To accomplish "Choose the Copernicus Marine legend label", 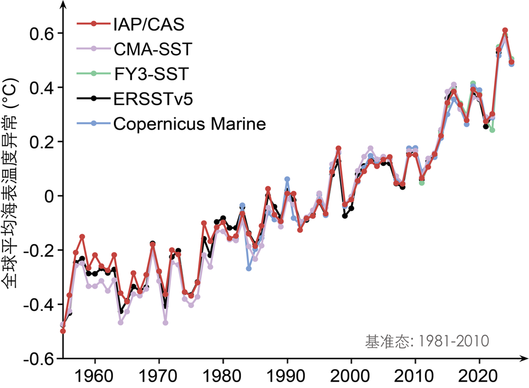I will pyautogui.click(x=190, y=124).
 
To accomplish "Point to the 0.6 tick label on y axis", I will pyautogui.click(x=40, y=33).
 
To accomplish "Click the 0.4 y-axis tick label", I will pyautogui.click(x=40, y=88).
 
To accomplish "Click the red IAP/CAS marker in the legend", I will pyautogui.click(x=93, y=24).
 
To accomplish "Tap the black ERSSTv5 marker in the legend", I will pyautogui.click(x=93, y=99).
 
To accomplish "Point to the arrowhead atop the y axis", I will pyautogui.click(x=63, y=4).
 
